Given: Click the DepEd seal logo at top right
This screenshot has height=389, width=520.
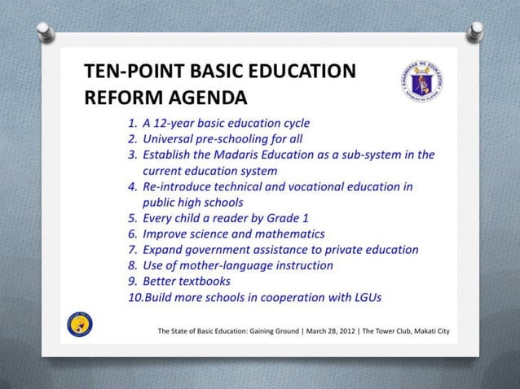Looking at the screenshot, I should pyautogui.click(x=422, y=81).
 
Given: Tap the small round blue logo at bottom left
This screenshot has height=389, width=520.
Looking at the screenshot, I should pyautogui.click(x=81, y=323).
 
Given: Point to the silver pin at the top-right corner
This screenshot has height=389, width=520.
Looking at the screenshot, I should pyautogui.click(x=475, y=33).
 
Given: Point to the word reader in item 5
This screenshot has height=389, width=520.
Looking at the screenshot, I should pyautogui.click(x=238, y=218).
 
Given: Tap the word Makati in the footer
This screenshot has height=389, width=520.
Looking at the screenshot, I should pyautogui.click(x=418, y=331).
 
